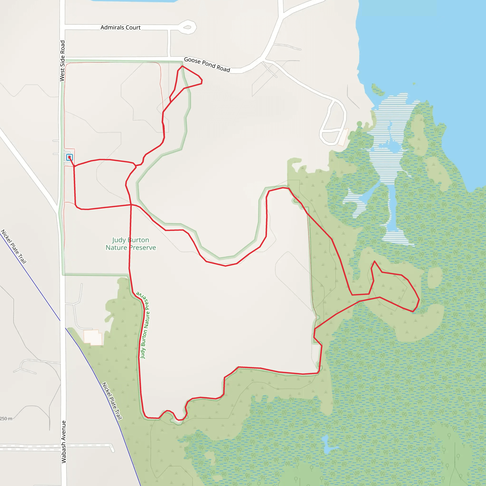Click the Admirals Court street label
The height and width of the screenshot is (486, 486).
121,28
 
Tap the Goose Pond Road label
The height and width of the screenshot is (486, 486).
207,65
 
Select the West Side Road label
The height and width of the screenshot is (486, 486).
62,61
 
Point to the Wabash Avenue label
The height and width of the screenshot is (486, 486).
64,442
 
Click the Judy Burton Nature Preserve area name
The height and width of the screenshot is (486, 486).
131,244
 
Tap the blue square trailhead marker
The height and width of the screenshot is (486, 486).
70,158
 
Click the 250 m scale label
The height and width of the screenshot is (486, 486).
6,419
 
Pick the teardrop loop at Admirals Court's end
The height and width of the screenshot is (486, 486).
187,27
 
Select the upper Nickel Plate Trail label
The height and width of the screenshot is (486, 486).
14,247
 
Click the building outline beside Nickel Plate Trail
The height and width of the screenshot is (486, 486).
93,337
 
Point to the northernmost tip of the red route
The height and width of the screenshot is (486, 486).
182,66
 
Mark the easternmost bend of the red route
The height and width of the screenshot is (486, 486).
419,299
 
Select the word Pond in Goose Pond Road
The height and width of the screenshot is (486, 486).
208,64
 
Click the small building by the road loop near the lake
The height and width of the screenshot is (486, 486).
343,137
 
